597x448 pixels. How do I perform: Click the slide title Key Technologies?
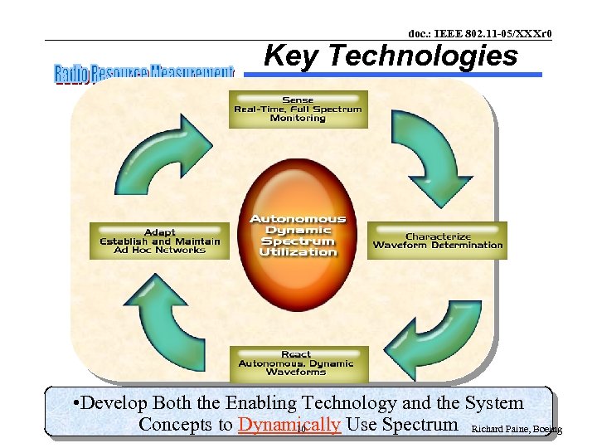[x=390, y=56]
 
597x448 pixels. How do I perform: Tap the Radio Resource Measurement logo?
[x=144, y=73]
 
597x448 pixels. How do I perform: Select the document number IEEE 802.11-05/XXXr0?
[x=479, y=33]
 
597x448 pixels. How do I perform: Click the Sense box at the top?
[x=298, y=109]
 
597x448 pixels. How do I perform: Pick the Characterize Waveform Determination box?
[x=438, y=241]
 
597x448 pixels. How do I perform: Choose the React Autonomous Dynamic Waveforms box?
[x=296, y=363]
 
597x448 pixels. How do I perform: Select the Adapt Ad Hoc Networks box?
[x=159, y=241]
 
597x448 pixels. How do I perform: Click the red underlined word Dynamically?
[x=289, y=425]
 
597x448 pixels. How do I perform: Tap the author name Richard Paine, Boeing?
[x=515, y=429]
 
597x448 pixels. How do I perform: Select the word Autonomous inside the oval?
[x=298, y=219]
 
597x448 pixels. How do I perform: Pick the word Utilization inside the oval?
[x=298, y=251]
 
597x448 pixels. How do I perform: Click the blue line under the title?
[x=393, y=75]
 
